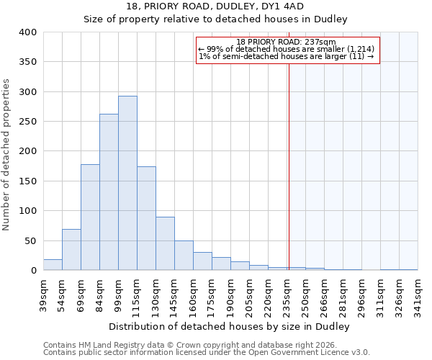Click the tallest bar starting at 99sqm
tap(127, 183)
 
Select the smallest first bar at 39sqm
tap(53, 265)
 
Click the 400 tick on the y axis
tap(27, 32)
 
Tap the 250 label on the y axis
tap(27, 122)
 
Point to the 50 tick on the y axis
tap(30, 240)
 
